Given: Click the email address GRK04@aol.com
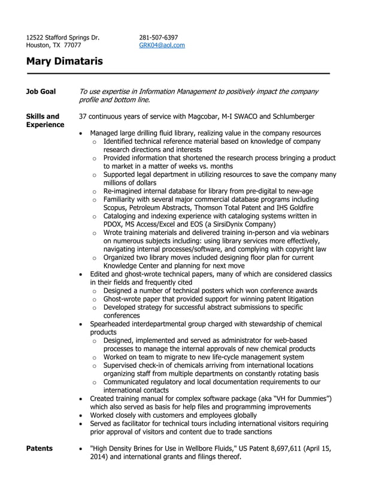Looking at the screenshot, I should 162,45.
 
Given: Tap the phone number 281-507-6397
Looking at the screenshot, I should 158,37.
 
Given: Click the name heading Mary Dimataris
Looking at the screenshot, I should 65,61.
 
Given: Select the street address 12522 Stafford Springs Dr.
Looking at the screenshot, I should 63,37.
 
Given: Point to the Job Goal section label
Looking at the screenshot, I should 41,92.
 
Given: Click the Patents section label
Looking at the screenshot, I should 40,448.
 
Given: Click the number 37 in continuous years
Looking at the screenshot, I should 83,116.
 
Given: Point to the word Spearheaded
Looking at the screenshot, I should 111,324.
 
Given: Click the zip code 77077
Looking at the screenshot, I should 72,45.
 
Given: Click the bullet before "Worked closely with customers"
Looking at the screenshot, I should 81,415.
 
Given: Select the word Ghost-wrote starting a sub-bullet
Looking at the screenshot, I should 123,298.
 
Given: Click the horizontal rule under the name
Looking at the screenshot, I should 178,73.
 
